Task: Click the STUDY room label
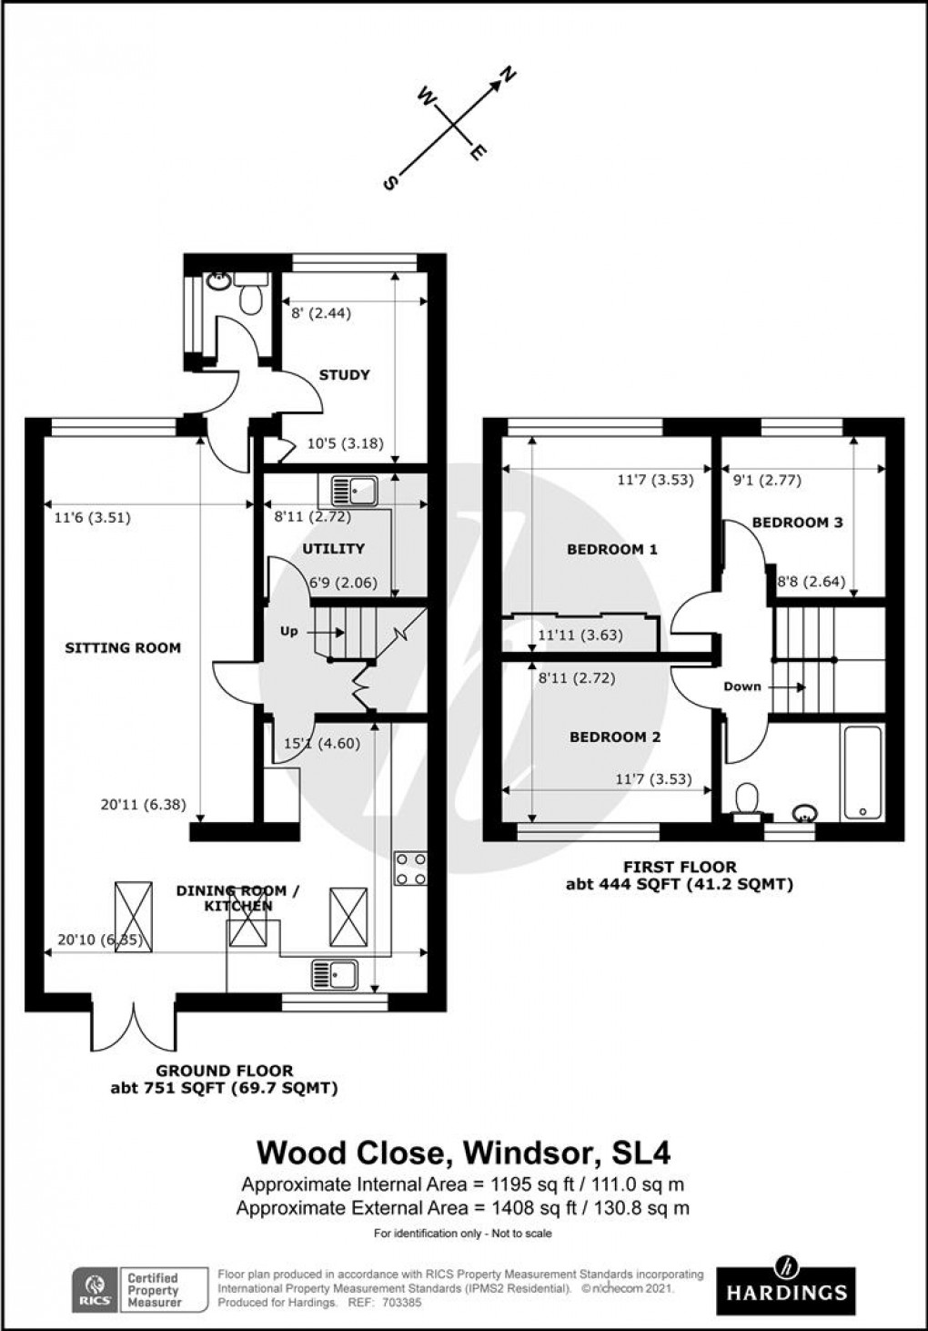(344, 374)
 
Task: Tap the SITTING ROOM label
(123, 648)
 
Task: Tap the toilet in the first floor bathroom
(749, 800)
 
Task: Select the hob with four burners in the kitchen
(410, 869)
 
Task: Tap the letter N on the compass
(509, 76)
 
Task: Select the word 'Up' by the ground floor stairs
(288, 631)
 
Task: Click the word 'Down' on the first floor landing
(742, 686)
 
